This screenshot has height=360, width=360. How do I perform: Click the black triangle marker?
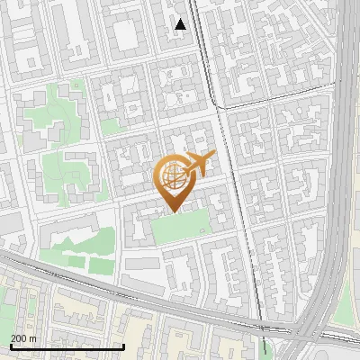coord(181,24)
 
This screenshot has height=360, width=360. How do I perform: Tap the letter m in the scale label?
coord(34,337)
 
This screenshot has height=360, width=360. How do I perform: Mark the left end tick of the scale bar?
coord(10,346)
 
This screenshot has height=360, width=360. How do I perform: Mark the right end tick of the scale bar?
coord(123,346)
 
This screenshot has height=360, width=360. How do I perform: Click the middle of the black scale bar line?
coord(67,346)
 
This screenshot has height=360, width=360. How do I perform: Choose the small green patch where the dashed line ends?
coord(264,346)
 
